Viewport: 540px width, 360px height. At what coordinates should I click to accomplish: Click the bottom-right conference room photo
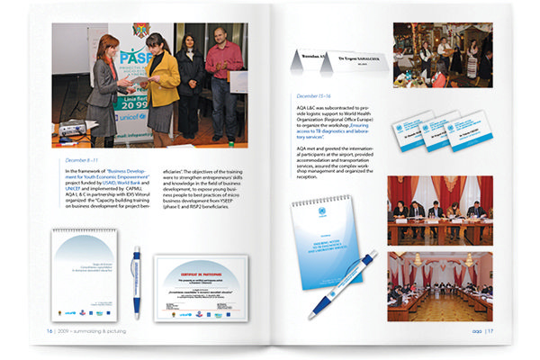tap(440, 286)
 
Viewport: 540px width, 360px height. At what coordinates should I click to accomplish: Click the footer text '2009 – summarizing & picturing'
tap(90, 330)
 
